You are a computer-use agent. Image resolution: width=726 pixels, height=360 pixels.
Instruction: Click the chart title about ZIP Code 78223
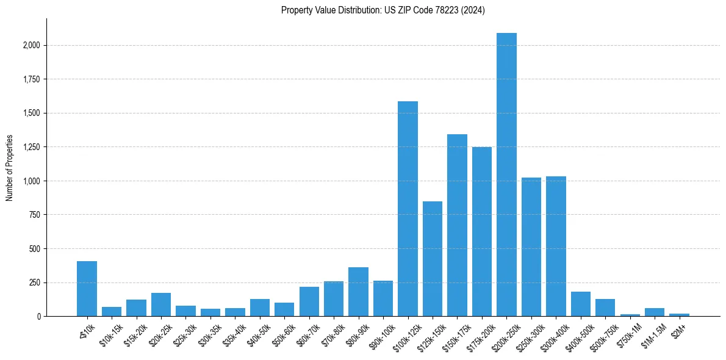coord(383,10)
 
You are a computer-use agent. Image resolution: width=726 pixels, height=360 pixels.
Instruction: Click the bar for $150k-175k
coord(457,225)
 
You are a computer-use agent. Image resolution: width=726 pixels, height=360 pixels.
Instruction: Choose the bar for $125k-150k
coord(433,259)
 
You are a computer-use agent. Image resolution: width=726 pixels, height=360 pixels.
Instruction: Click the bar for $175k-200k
coord(482,231)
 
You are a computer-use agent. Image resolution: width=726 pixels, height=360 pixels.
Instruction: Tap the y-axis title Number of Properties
coord(10,168)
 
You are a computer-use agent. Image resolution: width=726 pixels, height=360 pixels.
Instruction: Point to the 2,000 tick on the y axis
coord(32,45)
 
